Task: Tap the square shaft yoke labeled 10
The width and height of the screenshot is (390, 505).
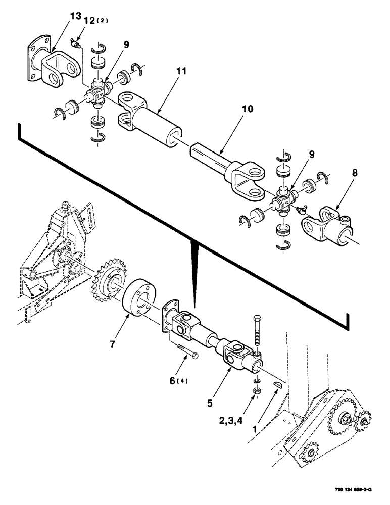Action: pyautogui.click(x=227, y=164)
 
